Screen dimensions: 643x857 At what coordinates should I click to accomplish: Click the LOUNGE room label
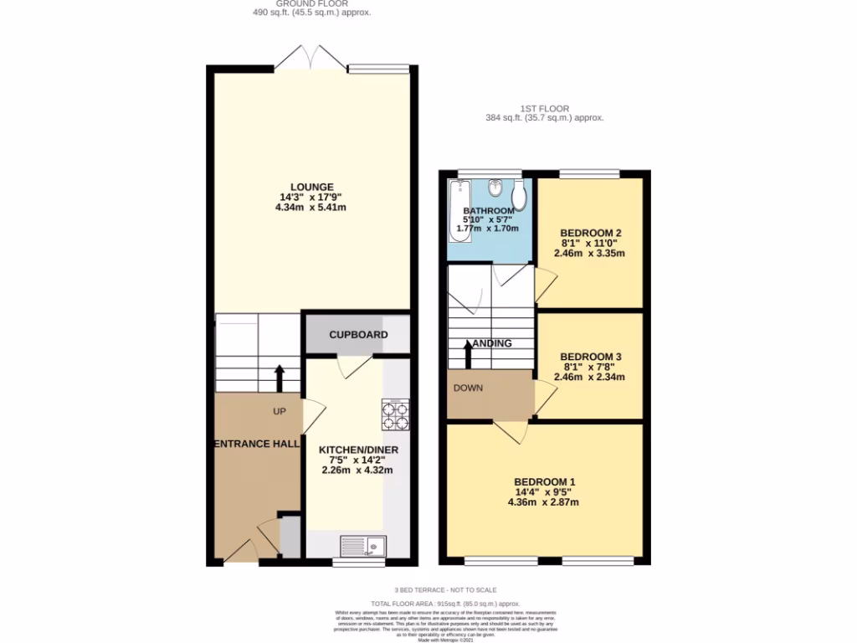[x=313, y=187]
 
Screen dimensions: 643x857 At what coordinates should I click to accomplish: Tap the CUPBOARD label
[x=358, y=335]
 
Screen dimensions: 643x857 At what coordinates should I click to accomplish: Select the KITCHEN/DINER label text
[x=358, y=450]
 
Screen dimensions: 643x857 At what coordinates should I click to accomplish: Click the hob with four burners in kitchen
[x=395, y=414]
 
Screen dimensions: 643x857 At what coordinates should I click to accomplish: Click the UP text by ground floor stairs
[x=279, y=412]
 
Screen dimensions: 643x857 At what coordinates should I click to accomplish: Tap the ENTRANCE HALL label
[x=256, y=444]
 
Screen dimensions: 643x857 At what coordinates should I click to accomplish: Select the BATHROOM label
[x=490, y=210]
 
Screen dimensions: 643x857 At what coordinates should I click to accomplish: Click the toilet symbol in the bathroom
[x=518, y=196]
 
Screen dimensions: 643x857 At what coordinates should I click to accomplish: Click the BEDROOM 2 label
[x=590, y=233]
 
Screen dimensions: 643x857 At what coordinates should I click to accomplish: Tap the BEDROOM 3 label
[x=590, y=356]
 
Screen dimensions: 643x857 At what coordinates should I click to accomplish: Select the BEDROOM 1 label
[x=544, y=481]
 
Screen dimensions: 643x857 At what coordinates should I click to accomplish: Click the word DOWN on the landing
[x=467, y=388]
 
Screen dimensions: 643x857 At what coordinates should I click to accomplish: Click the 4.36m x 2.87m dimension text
[x=544, y=502]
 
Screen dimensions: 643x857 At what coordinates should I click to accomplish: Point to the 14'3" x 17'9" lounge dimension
[x=313, y=198]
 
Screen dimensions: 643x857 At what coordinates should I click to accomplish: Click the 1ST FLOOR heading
[x=544, y=109]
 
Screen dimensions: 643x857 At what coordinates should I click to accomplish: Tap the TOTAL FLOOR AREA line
[x=446, y=603]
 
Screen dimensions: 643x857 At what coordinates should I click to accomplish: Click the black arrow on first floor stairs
[x=467, y=352]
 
